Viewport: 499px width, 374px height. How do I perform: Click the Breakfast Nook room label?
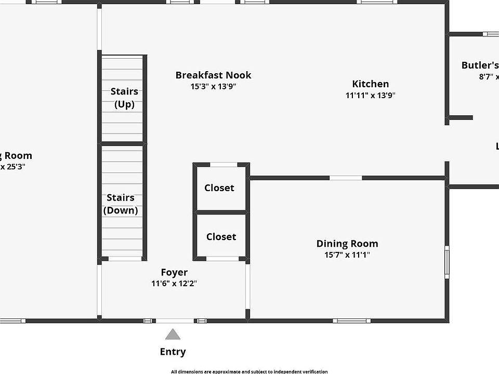[213, 75]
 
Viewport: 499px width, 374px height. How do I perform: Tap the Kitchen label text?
[370, 84]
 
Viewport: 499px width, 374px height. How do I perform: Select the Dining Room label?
[347, 244]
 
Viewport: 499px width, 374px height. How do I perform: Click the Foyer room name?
[174, 272]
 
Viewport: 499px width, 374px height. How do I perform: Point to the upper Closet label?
[219, 188]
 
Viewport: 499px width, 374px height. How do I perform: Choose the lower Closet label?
[221, 237]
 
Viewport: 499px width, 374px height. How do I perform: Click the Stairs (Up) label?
[124, 98]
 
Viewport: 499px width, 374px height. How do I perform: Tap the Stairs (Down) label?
[121, 204]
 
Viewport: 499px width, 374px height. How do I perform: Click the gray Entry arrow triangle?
[173, 334]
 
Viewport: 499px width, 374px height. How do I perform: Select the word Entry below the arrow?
[173, 352]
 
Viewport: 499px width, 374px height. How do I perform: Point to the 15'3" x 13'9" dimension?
[213, 87]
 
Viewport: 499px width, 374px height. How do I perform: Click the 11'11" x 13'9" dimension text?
[370, 96]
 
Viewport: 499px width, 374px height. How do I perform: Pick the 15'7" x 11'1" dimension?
[347, 255]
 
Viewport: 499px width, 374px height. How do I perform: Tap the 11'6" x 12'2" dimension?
[174, 284]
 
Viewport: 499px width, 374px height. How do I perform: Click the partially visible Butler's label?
[480, 65]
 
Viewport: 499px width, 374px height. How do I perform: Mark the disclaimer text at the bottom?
[249, 371]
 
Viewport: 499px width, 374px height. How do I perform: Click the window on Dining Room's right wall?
[447, 262]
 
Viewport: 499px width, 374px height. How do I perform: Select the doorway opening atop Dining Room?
[346, 178]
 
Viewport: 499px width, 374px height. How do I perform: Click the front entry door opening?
[175, 320]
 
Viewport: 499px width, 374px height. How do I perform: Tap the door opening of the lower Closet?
[222, 259]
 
